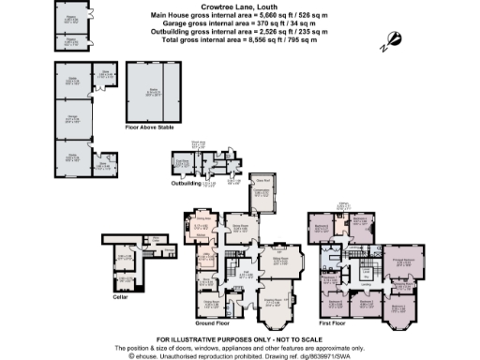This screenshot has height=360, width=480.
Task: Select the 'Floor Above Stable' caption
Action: click(153, 123)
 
